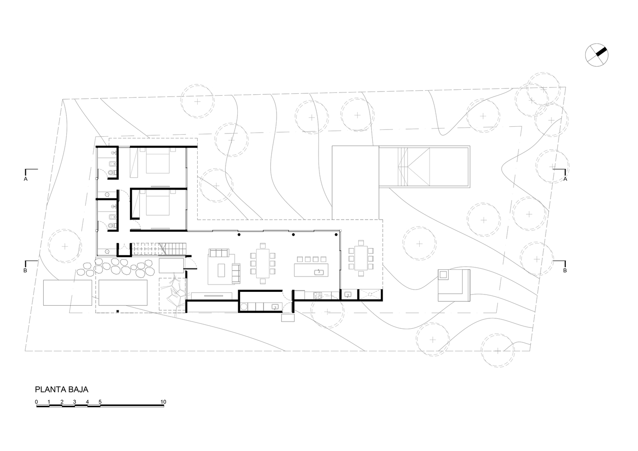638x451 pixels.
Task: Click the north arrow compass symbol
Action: pos(596,55)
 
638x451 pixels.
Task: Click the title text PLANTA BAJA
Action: pos(61,390)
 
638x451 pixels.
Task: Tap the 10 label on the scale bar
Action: pos(163,402)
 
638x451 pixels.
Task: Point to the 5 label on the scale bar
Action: pos(100,402)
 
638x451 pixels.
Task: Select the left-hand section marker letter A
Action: pos(26,179)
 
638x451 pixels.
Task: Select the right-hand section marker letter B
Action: pos(565,271)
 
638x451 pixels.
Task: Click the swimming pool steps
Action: pos(403,166)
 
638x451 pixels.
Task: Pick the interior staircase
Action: pos(160,249)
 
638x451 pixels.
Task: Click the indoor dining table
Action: pos(263,263)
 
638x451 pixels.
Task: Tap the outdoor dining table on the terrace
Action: pos(361,258)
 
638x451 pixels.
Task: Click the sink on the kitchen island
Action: pos(319,272)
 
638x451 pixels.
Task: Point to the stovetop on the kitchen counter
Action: pos(318,295)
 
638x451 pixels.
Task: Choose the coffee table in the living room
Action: pos(221,270)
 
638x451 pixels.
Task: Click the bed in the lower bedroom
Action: pos(158,202)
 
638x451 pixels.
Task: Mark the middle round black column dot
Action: pos(293,235)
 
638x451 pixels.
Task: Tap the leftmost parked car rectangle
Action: pos(68,293)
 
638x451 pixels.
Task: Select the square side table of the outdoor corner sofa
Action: pos(444,275)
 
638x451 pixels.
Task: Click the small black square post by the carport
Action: pos(117,312)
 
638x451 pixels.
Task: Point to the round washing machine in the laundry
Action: pos(244,307)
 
